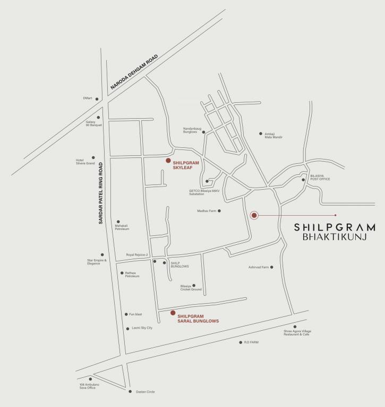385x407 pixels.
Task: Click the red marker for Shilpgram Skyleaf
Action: pyautogui.click(x=168, y=160)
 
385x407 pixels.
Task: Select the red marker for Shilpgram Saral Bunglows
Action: pyautogui.click(x=172, y=313)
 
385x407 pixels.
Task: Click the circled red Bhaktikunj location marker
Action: pyautogui.click(x=254, y=215)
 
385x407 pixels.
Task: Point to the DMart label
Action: pyautogui.click(x=88, y=98)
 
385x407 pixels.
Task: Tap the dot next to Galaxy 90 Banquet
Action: pyautogui.click(x=98, y=118)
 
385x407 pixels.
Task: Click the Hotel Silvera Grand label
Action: pyautogui.click(x=84, y=162)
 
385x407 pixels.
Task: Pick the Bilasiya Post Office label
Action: pyautogui.click(x=320, y=179)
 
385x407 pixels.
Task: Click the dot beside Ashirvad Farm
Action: pyautogui.click(x=271, y=267)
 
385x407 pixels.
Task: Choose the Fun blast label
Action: pyautogui.click(x=136, y=314)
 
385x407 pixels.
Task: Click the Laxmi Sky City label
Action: pyautogui.click(x=142, y=329)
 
